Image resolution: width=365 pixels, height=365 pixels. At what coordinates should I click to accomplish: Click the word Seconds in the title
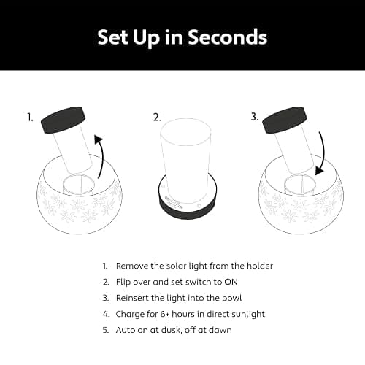pos(228,37)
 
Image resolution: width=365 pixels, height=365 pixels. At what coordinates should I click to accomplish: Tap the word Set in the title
pos(112,37)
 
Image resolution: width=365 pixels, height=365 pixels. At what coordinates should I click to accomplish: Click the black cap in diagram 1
pos(64,120)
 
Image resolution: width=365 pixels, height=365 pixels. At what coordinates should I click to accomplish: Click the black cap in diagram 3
pos(284,120)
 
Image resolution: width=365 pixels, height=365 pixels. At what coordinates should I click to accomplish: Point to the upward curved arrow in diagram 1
pos(102,155)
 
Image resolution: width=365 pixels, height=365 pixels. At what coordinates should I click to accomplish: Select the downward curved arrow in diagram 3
pos(322,153)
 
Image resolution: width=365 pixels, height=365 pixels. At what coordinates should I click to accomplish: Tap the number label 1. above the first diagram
pos(30,118)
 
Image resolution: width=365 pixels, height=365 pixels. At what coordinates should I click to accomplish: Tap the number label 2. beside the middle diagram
pos(157,118)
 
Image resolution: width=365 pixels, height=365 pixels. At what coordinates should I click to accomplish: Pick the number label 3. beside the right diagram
pos(255,118)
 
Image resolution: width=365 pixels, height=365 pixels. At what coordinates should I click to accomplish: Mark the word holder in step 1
pos(260,266)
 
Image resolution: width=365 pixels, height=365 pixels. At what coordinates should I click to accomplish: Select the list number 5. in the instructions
pos(106,330)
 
